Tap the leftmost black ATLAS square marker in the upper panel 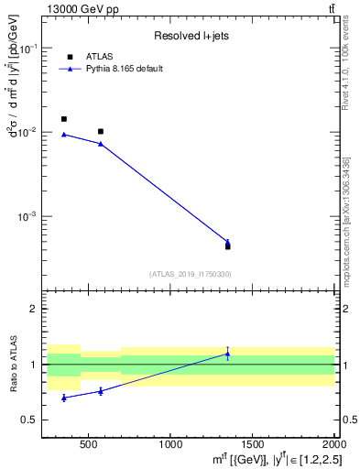63,119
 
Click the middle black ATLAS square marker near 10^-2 101,132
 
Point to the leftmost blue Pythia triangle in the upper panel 63,135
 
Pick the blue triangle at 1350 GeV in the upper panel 227,242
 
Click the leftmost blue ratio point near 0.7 63,398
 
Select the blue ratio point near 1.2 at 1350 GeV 227,354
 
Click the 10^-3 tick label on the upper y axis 29,217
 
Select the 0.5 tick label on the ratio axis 32,420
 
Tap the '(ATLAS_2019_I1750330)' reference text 190,274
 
